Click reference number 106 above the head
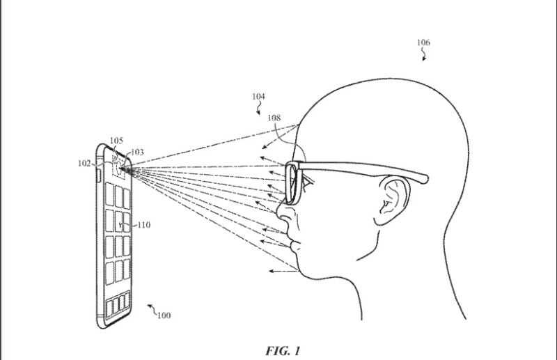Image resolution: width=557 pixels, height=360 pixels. coord(423,42)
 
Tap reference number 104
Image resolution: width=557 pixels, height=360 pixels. coord(258,97)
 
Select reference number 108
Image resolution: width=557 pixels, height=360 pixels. coord(274,118)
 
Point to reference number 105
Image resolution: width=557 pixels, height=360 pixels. coord(116,140)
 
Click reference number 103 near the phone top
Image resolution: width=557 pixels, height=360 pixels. coord(137,152)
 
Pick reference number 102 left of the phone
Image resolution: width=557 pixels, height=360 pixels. coord(84,164)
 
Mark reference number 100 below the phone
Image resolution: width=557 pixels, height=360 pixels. coord(162,315)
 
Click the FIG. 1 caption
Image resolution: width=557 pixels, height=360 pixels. coord(283,350)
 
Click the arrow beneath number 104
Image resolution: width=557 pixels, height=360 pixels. coord(260,109)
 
